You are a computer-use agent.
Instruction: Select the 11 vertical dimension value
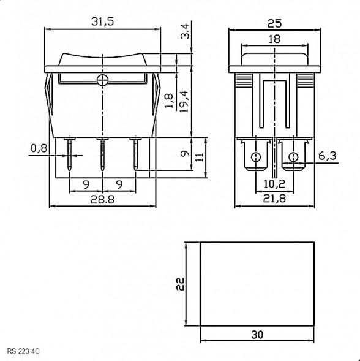click(x=200, y=157)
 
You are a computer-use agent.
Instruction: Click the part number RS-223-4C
click(x=24, y=351)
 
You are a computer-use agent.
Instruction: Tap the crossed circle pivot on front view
click(x=102, y=79)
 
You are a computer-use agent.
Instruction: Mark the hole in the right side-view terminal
click(x=293, y=157)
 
